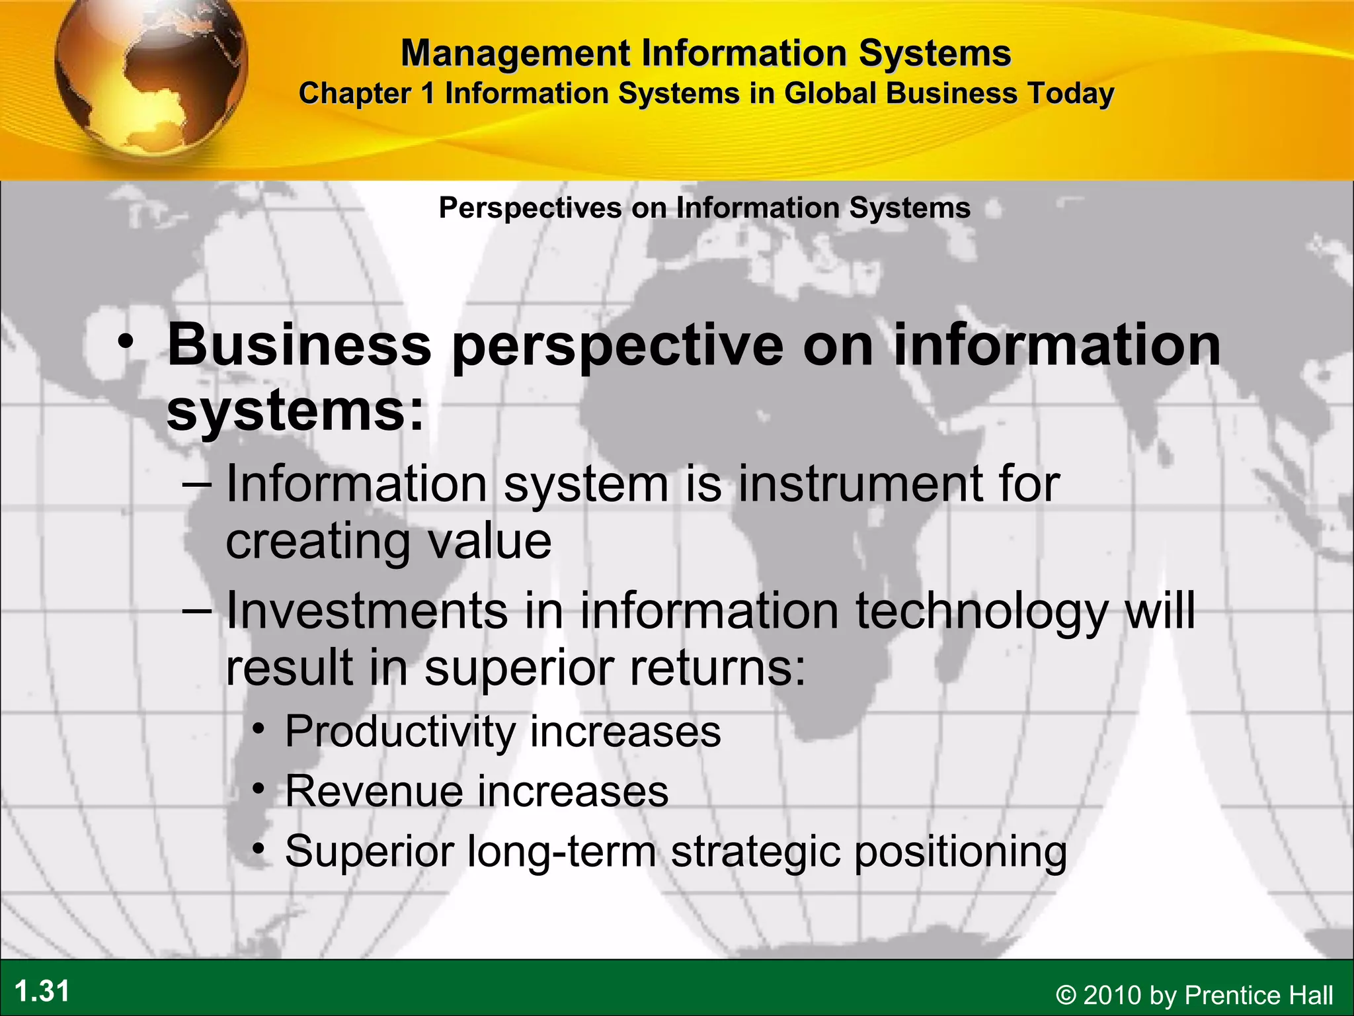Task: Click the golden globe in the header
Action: point(151,76)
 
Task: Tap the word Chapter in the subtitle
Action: point(355,94)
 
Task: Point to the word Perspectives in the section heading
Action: point(530,208)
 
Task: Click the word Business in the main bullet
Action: point(299,345)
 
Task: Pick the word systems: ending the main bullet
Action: point(295,411)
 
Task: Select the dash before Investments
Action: point(196,610)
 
